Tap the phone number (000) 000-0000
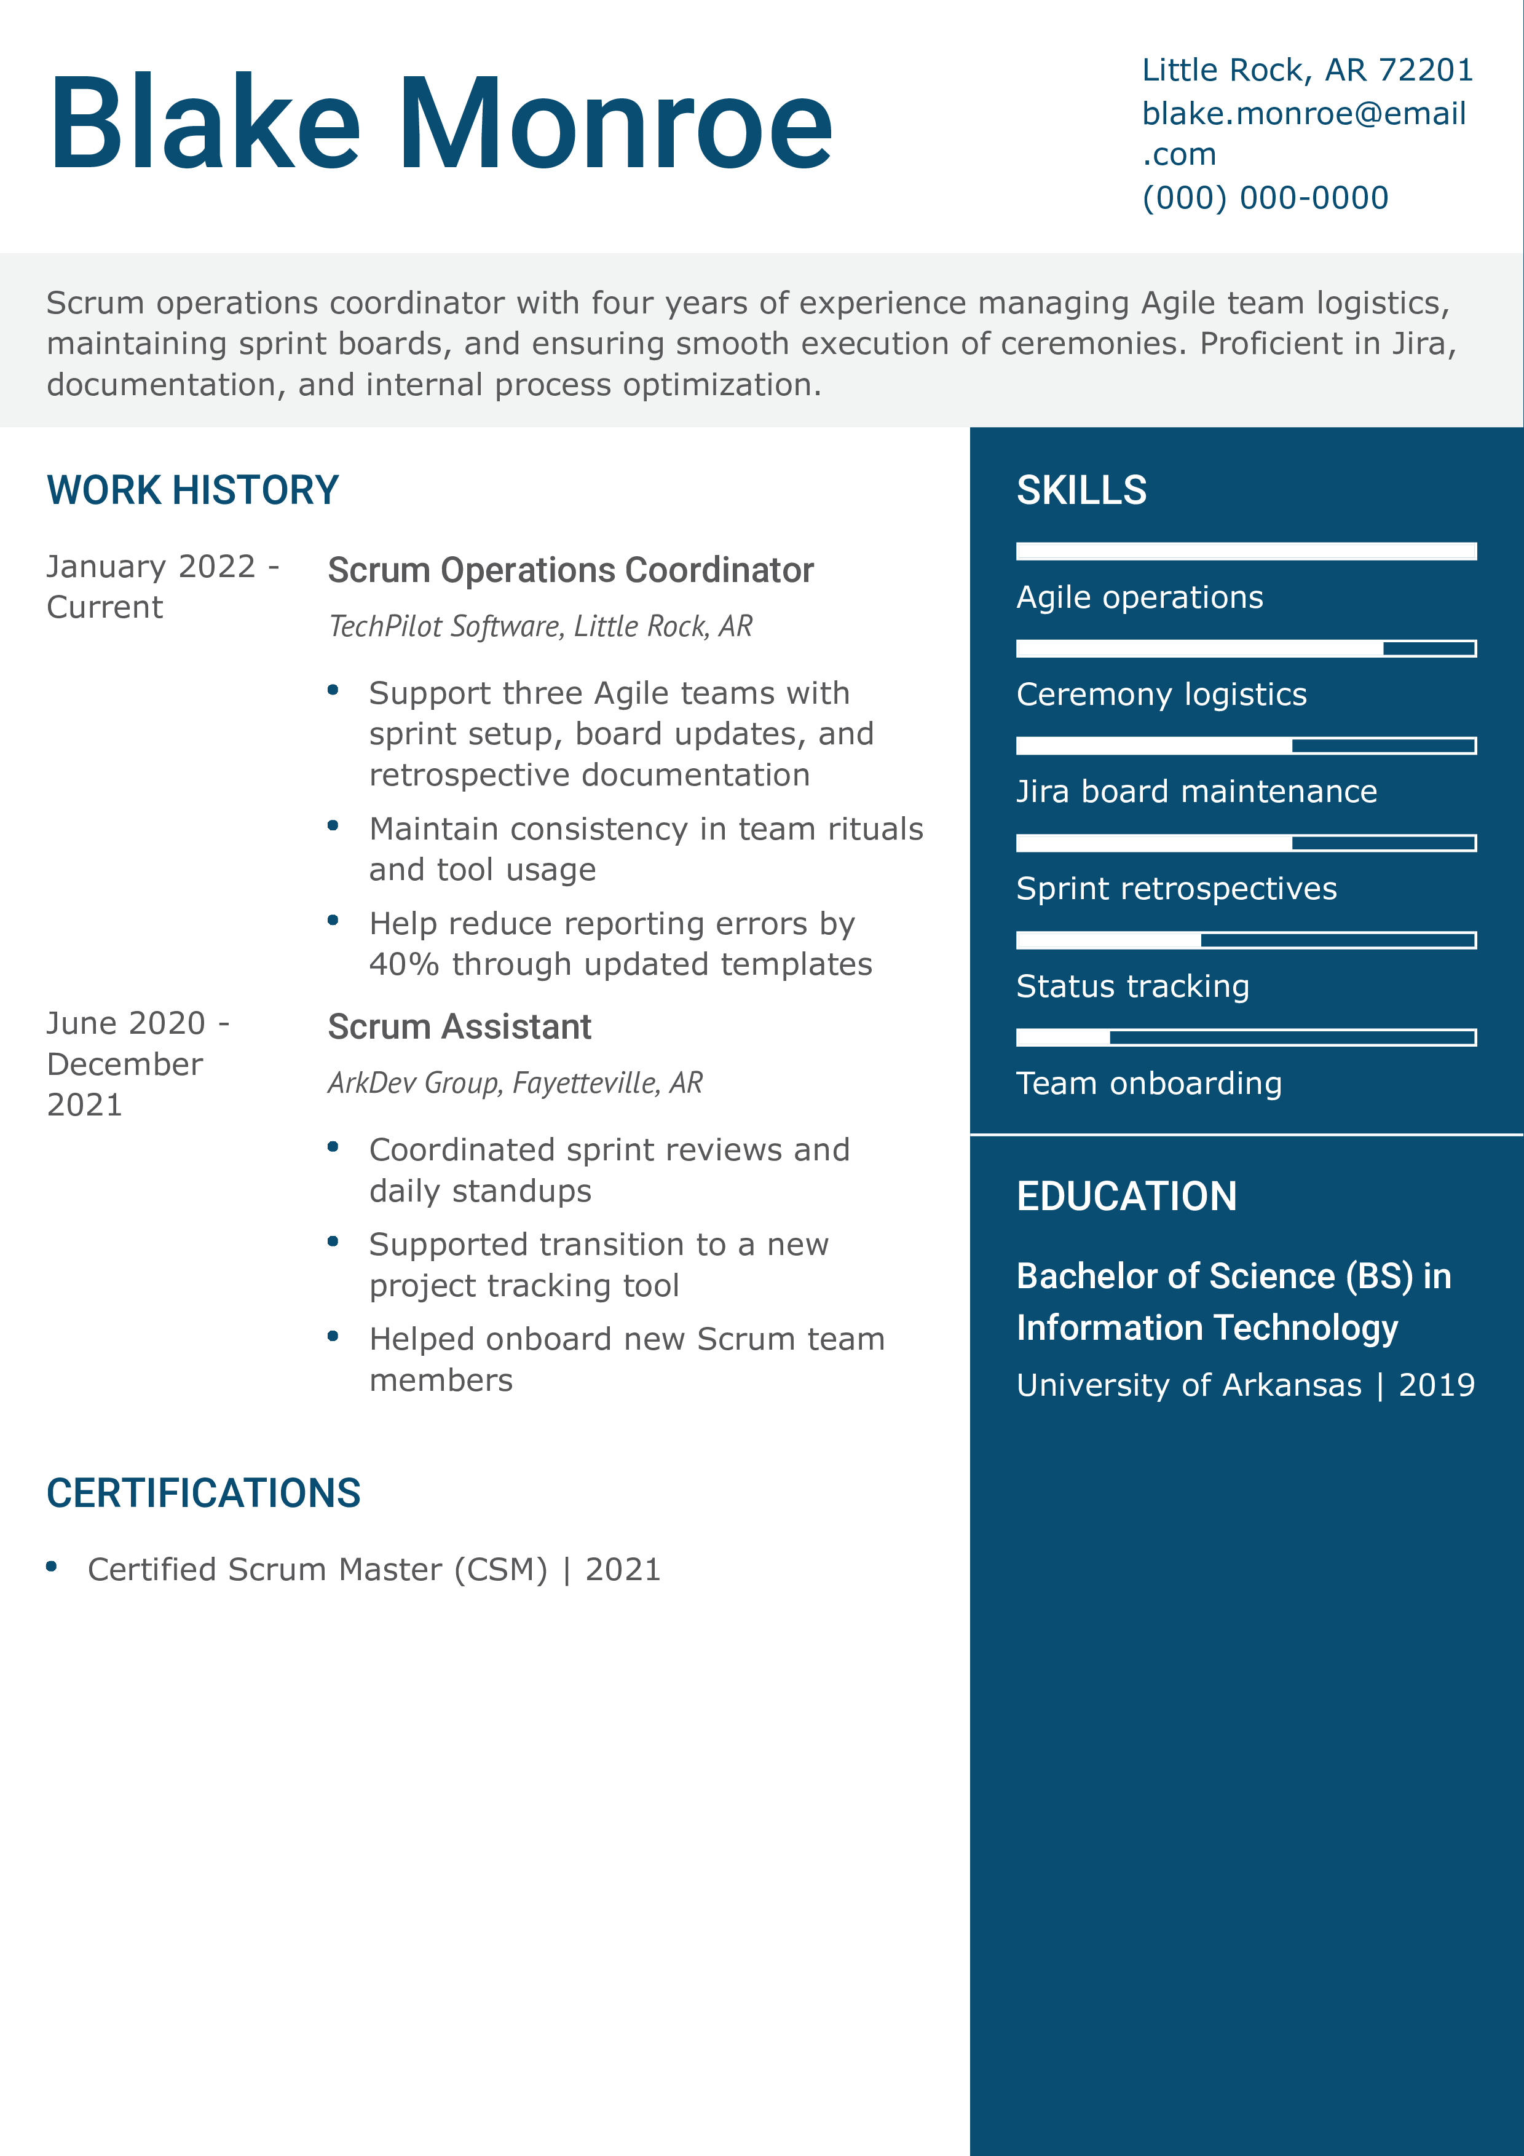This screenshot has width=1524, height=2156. tap(1264, 198)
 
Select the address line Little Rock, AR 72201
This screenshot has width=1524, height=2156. tap(1306, 71)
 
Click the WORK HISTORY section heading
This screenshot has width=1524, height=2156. tap(192, 490)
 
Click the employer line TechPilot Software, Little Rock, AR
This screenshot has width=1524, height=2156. tap(540, 626)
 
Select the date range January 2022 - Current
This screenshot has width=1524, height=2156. tap(162, 587)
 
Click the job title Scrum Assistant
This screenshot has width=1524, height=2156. tap(459, 1027)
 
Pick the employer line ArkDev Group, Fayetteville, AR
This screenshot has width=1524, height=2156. tap(515, 1083)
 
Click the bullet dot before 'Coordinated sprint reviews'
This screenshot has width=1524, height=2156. tap(333, 1147)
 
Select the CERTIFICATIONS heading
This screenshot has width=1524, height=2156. tap(203, 1493)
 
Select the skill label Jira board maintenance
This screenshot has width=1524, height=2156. tap(1196, 792)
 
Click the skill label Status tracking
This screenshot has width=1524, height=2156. tap(1132, 986)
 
